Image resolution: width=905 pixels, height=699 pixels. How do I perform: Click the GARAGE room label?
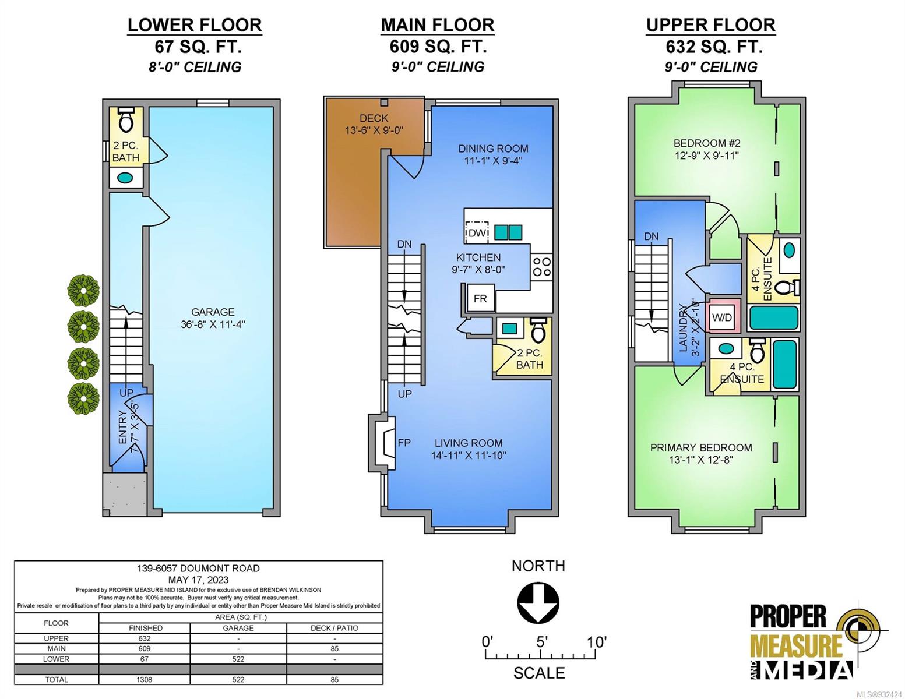point(213,312)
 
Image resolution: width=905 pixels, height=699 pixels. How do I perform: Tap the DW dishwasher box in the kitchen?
point(477,232)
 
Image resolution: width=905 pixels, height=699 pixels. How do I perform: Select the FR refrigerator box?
point(480,298)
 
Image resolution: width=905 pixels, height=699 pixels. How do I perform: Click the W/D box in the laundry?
point(722,317)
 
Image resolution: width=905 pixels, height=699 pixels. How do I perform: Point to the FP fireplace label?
point(404,443)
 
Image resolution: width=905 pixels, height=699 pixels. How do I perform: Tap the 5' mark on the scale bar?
point(540,641)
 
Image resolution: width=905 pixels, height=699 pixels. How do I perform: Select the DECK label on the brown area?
point(374,118)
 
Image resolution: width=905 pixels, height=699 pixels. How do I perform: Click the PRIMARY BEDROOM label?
point(701,447)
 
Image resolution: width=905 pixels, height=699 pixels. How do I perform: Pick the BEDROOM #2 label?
point(707,143)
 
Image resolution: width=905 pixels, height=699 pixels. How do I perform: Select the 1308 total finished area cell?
point(144,679)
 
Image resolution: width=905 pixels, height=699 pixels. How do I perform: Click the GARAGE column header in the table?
point(238,628)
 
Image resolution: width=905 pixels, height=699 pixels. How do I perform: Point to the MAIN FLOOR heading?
point(438,25)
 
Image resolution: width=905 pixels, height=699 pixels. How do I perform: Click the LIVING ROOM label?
point(469,443)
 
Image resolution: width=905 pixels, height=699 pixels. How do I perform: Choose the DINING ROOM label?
point(493,149)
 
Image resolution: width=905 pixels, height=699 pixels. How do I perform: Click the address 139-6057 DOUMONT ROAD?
point(198,569)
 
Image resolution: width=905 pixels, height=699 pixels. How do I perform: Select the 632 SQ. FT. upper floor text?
point(714,47)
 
